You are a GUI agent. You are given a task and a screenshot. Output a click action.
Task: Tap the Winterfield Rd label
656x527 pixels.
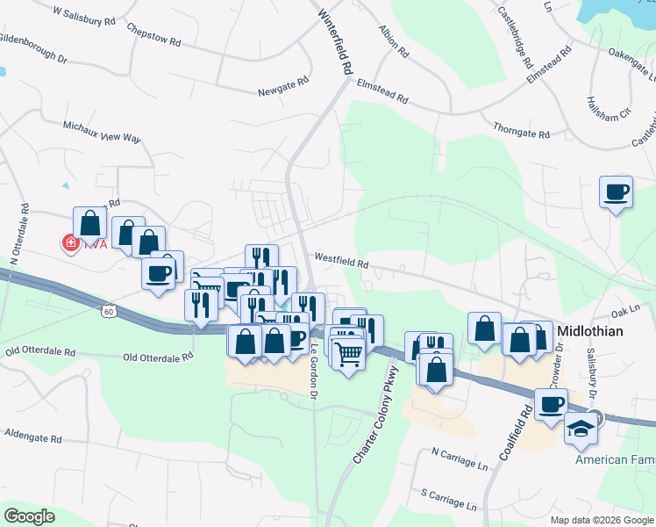(336, 42)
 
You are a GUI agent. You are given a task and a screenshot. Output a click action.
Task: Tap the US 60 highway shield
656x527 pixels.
(108, 311)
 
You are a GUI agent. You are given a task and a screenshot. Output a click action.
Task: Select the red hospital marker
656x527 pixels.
(69, 242)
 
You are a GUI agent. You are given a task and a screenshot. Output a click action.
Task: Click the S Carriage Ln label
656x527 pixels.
(448, 500)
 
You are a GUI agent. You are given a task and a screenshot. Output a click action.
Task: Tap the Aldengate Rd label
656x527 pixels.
(32, 436)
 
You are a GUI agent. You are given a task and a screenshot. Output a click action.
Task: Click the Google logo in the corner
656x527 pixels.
(29, 516)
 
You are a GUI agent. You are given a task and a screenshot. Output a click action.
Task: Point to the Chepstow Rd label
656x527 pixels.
(153, 35)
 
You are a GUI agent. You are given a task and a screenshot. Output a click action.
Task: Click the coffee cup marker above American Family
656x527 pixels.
(551, 405)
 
